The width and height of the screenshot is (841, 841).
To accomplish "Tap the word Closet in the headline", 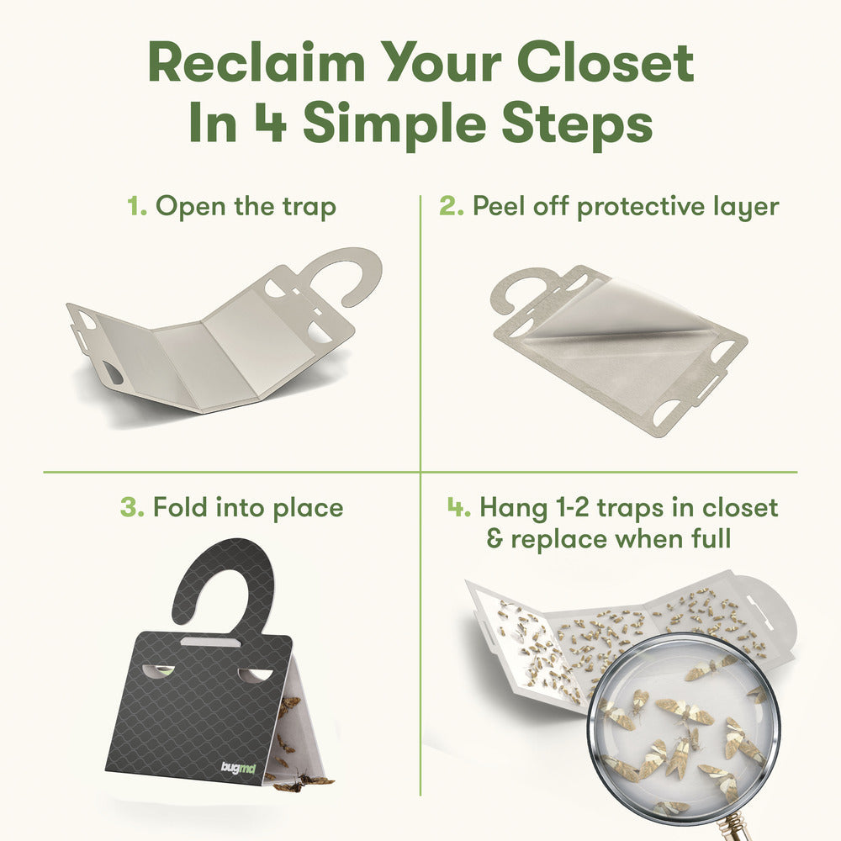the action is [606, 63].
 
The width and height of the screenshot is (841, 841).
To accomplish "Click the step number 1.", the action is [136, 207].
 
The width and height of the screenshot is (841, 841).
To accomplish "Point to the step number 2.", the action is [451, 207].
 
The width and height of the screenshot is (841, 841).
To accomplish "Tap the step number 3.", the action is [132, 507].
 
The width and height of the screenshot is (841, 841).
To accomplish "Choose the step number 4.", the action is [459, 507].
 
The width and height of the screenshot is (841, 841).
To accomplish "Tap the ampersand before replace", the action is [495, 538].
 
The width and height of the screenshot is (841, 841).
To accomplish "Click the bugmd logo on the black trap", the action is [238, 768].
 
